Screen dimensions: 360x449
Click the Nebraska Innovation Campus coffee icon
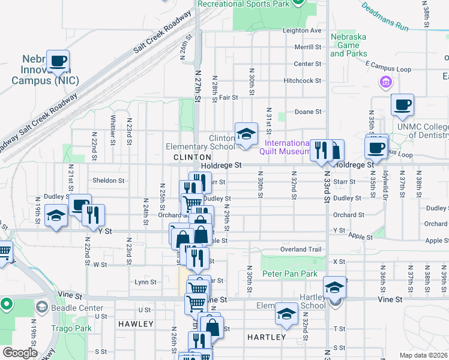click(x=58, y=61)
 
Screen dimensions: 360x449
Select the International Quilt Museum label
click(x=288, y=147)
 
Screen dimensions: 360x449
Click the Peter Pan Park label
click(x=289, y=274)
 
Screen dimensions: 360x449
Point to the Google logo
click(x=19, y=353)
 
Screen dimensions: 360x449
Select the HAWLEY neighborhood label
click(x=136, y=324)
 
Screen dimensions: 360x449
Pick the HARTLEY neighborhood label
click(x=267, y=337)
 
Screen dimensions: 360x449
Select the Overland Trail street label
click(x=301, y=249)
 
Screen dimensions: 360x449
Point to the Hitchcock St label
click(x=303, y=80)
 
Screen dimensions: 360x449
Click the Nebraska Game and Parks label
click(x=348, y=45)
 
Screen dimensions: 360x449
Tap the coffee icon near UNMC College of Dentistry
click(x=402, y=104)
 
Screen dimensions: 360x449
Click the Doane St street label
click(x=309, y=112)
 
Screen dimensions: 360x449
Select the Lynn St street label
click(x=145, y=281)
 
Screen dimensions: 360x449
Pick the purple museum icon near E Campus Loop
click(x=385, y=81)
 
